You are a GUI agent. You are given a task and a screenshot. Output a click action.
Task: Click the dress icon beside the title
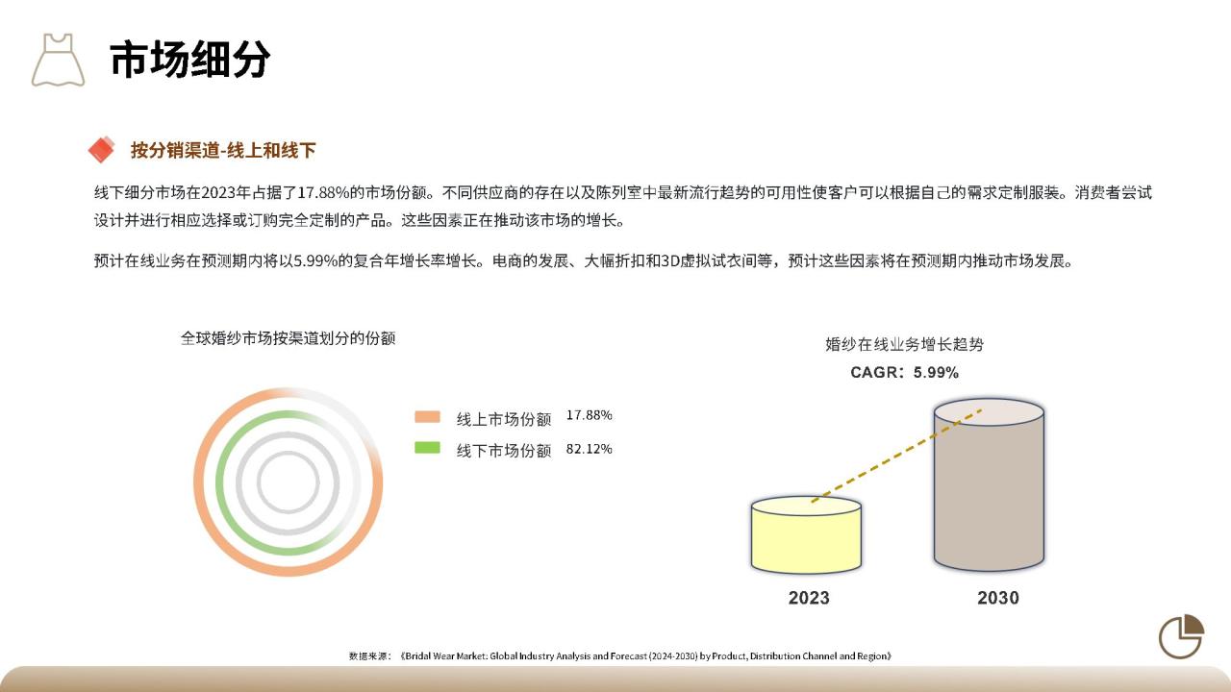point(59,60)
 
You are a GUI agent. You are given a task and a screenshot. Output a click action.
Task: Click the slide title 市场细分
point(189,59)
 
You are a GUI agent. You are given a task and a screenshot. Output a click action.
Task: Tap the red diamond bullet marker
point(102,149)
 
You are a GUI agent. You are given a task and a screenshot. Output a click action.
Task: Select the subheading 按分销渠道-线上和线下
point(223,150)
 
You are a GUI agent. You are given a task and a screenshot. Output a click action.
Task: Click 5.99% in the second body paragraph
point(315,260)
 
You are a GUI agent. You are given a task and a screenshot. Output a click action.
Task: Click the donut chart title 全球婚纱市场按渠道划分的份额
point(288,338)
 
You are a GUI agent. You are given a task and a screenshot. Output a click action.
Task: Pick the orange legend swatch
point(427,417)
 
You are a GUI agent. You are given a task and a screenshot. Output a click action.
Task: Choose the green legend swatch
point(427,448)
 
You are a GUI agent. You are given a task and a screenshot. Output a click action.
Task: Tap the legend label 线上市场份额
point(503,420)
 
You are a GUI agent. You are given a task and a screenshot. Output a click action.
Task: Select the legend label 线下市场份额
point(503,451)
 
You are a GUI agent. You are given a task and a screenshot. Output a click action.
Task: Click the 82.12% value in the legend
point(590,449)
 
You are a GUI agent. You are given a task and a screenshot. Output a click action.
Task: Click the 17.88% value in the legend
point(590,415)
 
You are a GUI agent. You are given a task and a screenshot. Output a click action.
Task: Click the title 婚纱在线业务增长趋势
point(905,344)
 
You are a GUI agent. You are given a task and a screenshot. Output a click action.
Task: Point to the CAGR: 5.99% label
point(905,372)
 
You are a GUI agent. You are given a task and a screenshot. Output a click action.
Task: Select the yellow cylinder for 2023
point(806,535)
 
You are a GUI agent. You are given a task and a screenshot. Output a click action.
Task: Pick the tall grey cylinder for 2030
point(990,485)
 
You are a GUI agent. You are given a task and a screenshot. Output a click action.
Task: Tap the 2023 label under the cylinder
point(809,598)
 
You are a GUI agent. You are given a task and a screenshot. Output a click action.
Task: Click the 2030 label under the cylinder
point(998,598)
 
